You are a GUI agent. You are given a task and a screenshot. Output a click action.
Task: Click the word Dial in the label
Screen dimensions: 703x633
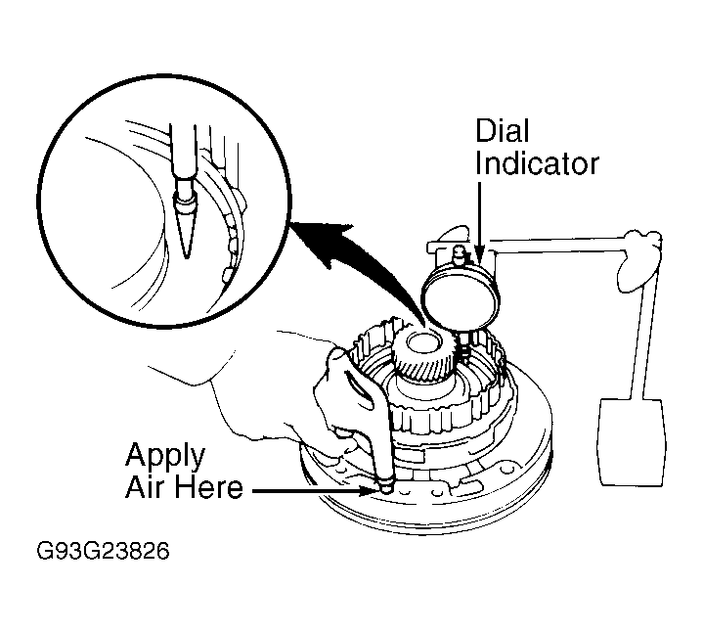(503, 130)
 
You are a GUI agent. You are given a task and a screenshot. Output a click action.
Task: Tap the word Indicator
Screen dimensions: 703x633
(537, 163)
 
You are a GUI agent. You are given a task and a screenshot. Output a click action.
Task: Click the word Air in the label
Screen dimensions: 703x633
(142, 487)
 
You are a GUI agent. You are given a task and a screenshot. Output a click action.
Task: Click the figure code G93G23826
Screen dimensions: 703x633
(103, 552)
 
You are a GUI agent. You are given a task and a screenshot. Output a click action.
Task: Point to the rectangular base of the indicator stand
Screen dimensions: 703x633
(632, 442)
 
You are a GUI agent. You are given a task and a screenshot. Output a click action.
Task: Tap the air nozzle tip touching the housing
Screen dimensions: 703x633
(385, 486)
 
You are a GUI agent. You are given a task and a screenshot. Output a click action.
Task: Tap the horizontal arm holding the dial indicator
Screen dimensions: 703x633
(558, 246)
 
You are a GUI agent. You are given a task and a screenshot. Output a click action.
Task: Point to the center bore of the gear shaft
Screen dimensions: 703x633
(422, 342)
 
